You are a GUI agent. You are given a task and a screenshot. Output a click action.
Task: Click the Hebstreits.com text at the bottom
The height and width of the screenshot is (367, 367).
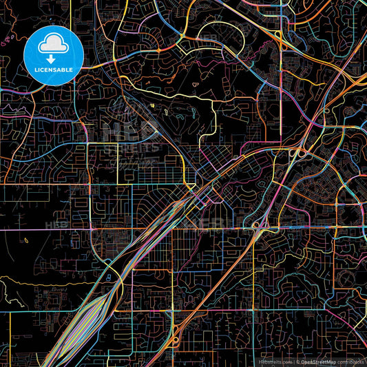point(275,361)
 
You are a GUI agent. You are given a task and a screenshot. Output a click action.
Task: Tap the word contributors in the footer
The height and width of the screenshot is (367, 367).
point(350,361)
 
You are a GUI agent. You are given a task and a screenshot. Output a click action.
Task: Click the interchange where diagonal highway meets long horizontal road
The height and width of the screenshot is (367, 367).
point(260,226)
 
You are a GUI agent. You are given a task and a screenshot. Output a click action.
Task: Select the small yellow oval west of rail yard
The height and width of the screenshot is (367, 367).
point(25,240)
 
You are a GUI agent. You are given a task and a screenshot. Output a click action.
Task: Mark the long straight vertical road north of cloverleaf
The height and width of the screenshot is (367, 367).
point(280,103)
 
